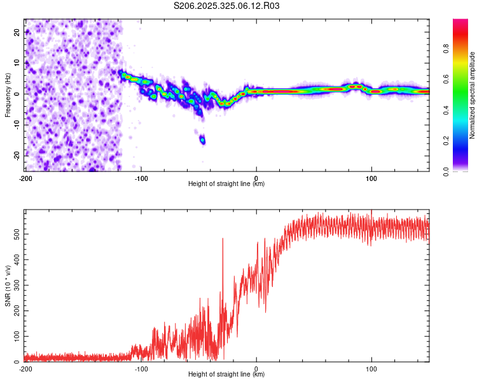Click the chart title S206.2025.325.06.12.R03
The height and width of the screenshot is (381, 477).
227,6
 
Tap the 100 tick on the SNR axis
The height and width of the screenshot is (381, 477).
15,336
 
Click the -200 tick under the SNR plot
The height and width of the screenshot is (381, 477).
25,368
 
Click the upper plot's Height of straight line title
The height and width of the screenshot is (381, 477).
226,184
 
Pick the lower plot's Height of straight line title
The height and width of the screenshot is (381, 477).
226,375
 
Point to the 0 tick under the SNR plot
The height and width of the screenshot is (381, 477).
256,368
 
